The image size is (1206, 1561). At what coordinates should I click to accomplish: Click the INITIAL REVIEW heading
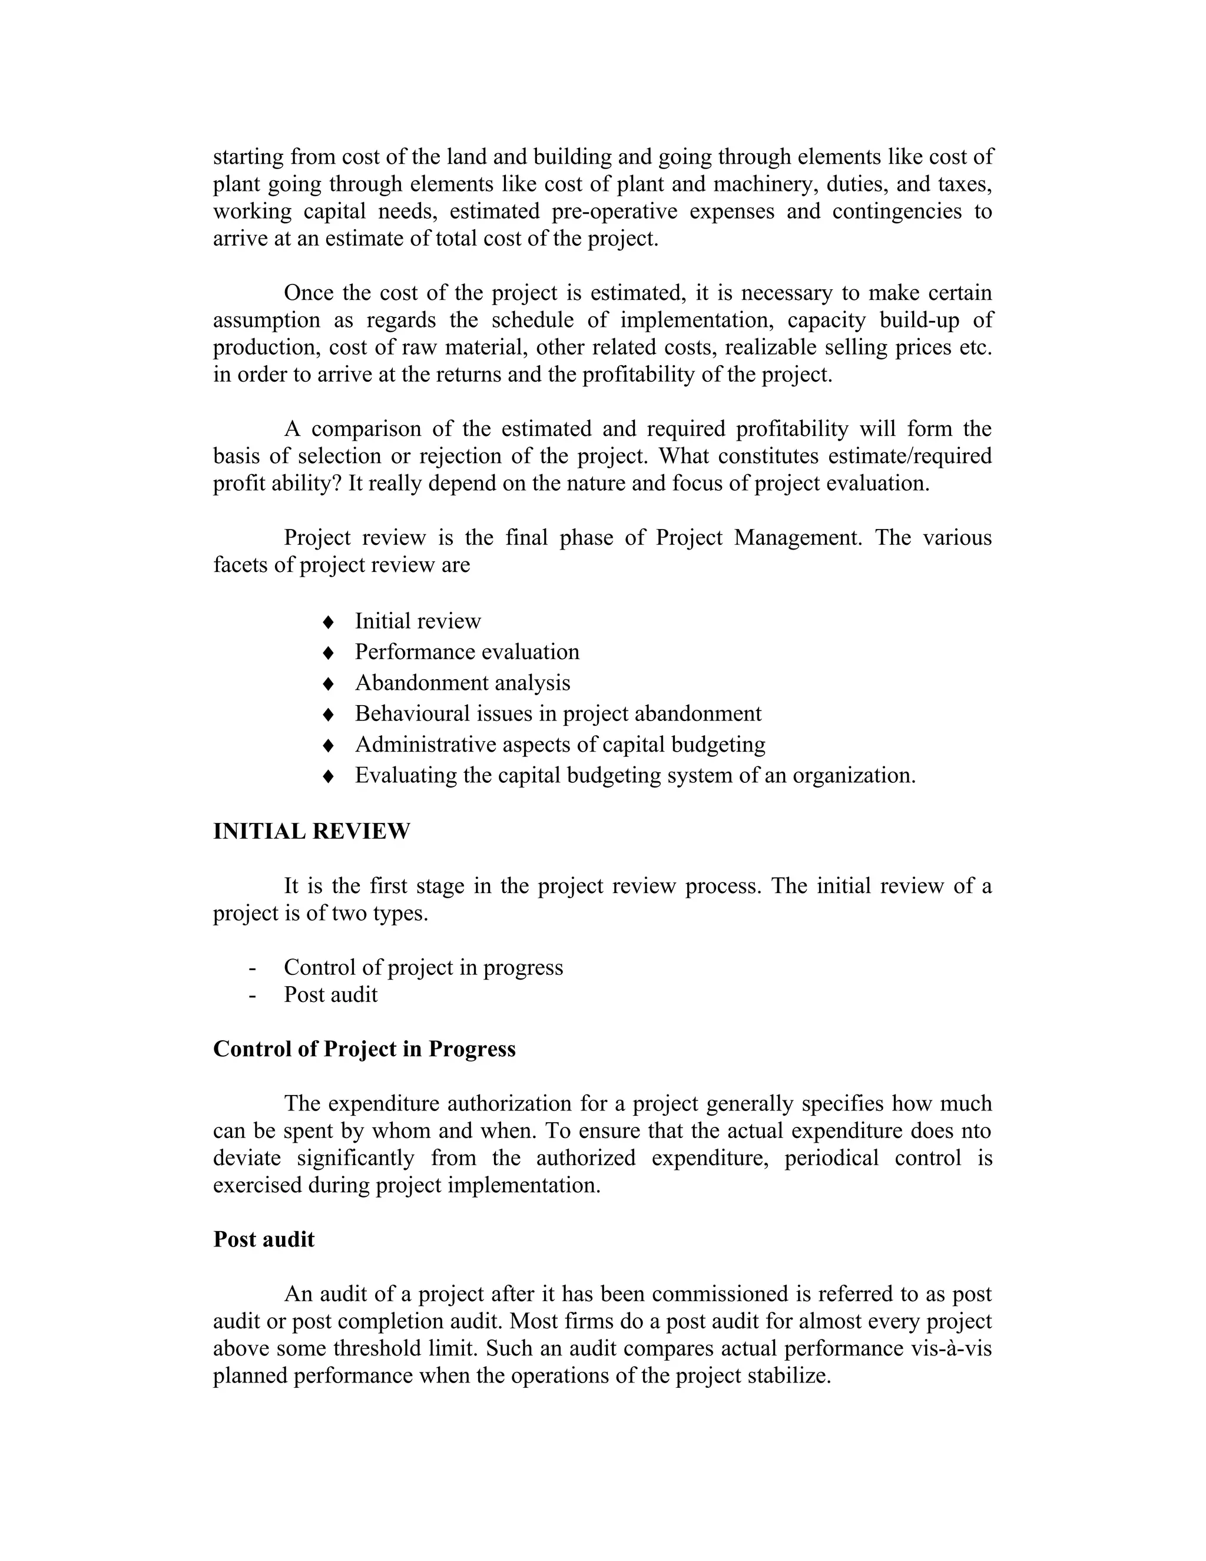(312, 831)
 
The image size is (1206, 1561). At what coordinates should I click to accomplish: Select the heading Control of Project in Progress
(365, 1049)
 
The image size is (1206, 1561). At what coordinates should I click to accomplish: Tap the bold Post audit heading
(264, 1239)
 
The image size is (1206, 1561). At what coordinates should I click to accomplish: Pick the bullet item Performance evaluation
(466, 652)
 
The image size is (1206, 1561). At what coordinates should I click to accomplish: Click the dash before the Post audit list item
(252, 995)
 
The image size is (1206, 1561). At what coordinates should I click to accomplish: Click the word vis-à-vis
(952, 1348)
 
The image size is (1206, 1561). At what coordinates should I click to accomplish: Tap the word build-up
(919, 320)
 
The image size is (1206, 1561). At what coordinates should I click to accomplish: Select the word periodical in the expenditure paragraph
(831, 1158)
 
